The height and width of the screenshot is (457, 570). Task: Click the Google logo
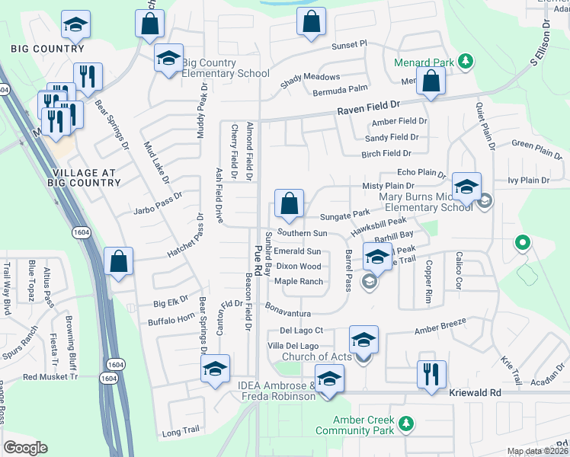click(25, 448)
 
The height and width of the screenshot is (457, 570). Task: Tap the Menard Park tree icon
click(463, 62)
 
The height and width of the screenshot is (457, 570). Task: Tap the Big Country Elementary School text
click(226, 68)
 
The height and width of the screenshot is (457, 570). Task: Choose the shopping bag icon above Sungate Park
click(290, 204)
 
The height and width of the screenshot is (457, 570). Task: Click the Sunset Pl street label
click(349, 44)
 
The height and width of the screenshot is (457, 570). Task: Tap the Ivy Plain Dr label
click(528, 181)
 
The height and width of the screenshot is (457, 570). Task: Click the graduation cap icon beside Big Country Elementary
click(168, 58)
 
